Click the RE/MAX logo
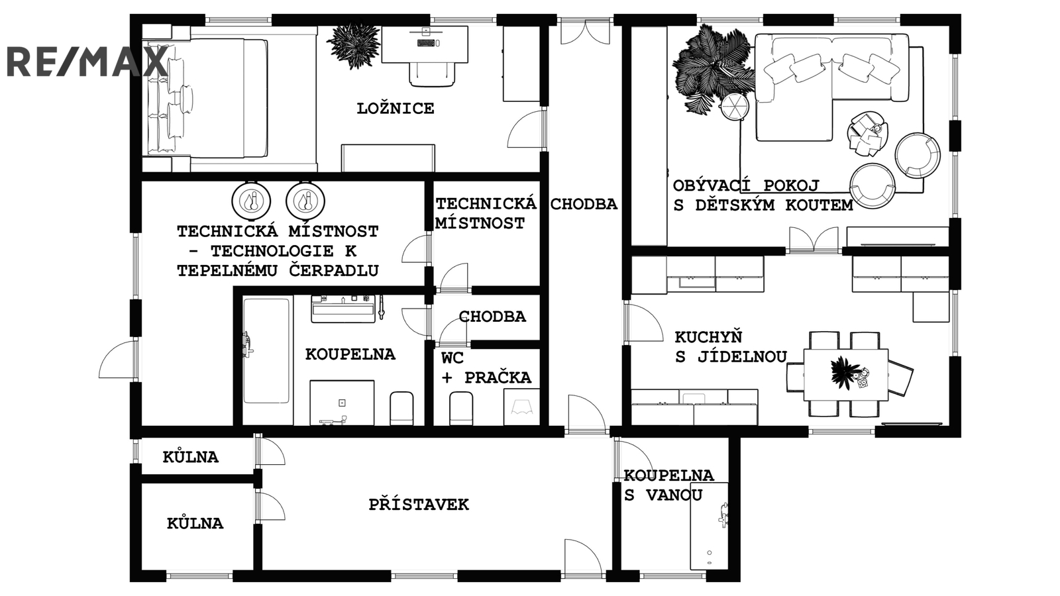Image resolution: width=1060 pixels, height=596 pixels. click(x=86, y=62)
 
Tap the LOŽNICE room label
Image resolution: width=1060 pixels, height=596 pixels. click(x=396, y=109)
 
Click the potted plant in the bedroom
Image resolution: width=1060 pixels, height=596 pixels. click(x=353, y=45)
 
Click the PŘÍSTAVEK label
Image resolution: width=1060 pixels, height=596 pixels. click(x=419, y=505)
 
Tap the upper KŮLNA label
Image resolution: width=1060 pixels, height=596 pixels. click(x=191, y=457)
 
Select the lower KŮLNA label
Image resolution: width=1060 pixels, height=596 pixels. click(x=195, y=523)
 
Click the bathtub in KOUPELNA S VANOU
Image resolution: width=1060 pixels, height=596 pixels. click(x=709, y=526)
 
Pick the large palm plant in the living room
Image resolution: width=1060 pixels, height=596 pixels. click(x=712, y=66)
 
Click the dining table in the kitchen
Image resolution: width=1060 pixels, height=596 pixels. click(x=846, y=375)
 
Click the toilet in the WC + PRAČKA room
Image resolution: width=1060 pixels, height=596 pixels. click(x=461, y=408)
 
